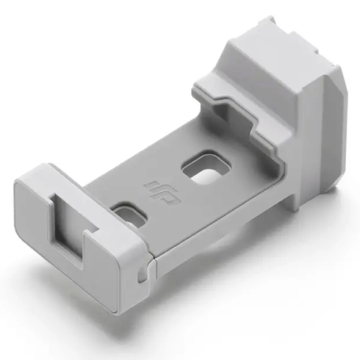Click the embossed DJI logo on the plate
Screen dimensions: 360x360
point(163,193)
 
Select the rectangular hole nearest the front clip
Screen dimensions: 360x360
point(129,215)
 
